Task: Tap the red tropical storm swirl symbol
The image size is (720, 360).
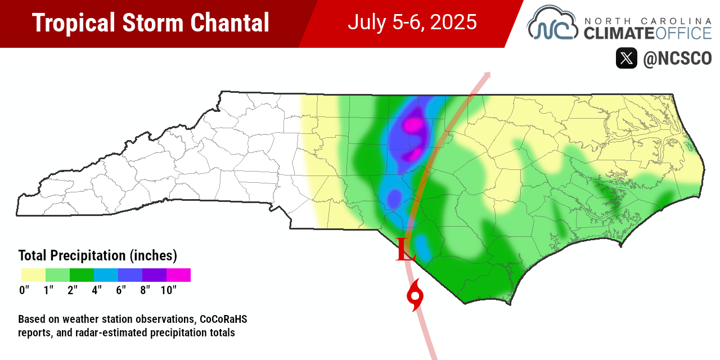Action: coord(415,296)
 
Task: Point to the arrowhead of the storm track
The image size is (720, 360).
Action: coord(487,74)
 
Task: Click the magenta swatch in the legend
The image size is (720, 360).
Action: coord(178,275)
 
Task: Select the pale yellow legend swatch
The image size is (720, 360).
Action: coord(33,275)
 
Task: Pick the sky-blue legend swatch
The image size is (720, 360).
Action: coord(106,275)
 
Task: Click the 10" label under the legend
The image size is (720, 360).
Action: coord(168,290)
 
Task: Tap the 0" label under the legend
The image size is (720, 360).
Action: coord(24,290)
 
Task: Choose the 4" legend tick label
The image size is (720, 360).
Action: coord(96,290)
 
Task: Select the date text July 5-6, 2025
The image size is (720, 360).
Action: coord(412,22)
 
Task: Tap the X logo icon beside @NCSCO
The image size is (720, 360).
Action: coord(626,58)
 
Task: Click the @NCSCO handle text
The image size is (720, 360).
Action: coord(677,58)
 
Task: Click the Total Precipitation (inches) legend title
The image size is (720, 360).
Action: coord(98,255)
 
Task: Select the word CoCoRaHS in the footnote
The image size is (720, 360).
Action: coord(222,319)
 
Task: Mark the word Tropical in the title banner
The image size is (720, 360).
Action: coord(69,23)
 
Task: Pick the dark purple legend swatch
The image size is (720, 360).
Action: coord(154,275)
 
